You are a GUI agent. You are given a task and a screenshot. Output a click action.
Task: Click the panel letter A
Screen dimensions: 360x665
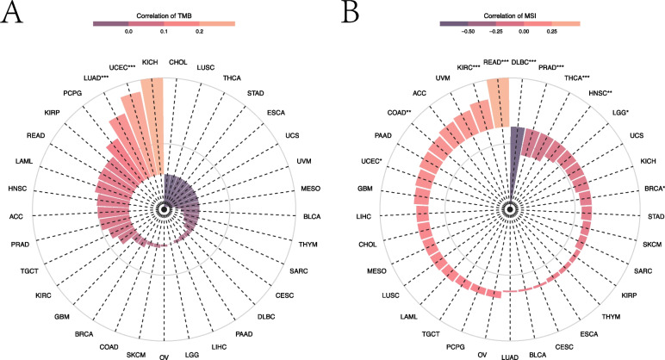pyautogui.click(x=11, y=16)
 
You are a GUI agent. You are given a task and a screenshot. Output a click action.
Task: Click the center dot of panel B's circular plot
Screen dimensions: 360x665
pyautogui.click(x=509, y=209)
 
